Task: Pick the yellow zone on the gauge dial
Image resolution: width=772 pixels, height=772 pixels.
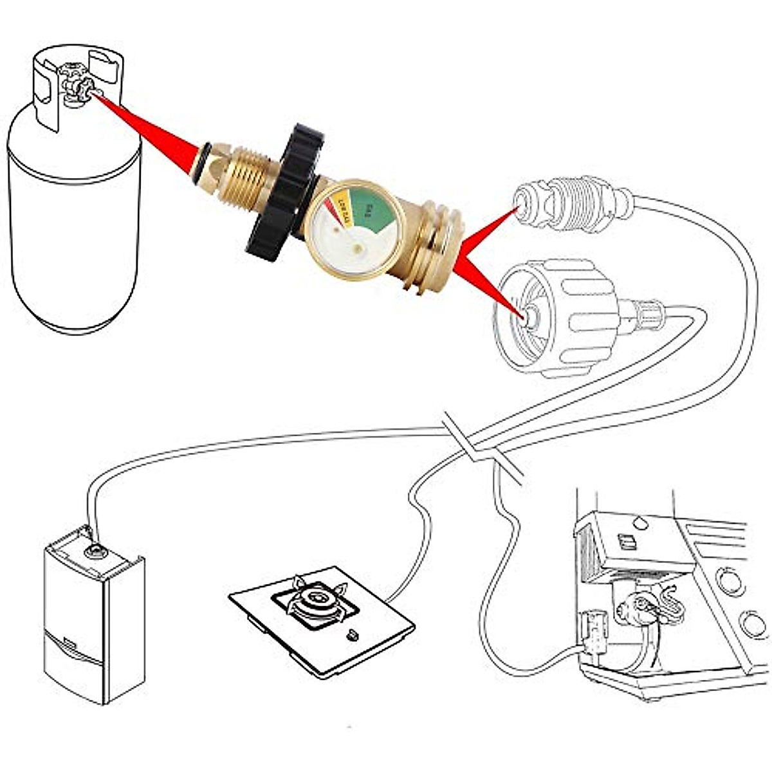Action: point(344,206)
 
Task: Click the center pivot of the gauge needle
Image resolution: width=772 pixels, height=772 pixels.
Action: point(356,248)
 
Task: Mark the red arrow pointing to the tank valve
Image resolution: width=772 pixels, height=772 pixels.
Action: point(148,129)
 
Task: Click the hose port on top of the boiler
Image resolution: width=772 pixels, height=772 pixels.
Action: point(95,551)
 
